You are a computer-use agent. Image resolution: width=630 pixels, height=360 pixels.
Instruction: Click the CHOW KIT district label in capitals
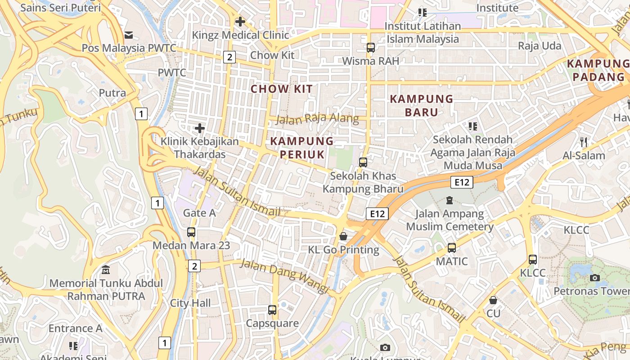pyautogui.click(x=281, y=89)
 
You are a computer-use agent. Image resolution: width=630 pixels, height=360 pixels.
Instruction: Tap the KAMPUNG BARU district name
pyautogui.click(x=422, y=105)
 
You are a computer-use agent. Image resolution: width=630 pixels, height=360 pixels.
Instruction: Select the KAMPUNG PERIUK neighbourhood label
pyautogui.click(x=302, y=148)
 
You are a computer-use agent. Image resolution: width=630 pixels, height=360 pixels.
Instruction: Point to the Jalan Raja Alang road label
pyautogui.click(x=317, y=119)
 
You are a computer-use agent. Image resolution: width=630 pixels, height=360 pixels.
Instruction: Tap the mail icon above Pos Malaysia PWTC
pyautogui.click(x=129, y=35)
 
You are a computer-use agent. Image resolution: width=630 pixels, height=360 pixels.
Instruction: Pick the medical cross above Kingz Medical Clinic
pyautogui.click(x=240, y=21)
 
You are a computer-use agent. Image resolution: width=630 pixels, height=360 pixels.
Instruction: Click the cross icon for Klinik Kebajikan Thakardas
pyautogui.click(x=200, y=129)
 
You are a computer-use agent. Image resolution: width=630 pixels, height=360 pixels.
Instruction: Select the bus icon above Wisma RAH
pyautogui.click(x=371, y=47)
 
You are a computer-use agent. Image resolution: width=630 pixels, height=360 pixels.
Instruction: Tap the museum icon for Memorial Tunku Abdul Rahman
pyautogui.click(x=106, y=270)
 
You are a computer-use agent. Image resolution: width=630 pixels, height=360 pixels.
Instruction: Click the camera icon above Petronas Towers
pyautogui.click(x=595, y=278)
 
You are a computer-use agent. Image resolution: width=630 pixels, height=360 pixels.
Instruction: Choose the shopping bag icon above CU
pyautogui.click(x=493, y=300)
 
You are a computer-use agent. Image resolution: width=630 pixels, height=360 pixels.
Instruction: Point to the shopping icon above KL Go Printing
pyautogui.click(x=343, y=236)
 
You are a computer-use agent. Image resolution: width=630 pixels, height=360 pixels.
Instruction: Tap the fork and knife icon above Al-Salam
pyautogui.click(x=584, y=142)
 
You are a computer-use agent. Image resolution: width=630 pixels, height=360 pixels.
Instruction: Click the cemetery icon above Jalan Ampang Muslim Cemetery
pyautogui.click(x=449, y=200)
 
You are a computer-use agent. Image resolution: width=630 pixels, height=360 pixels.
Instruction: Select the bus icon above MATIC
pyautogui.click(x=452, y=248)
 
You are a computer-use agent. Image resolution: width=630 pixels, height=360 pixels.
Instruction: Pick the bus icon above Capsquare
pyautogui.click(x=272, y=310)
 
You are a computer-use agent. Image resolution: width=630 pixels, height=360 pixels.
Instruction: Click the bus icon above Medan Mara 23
pyautogui.click(x=191, y=232)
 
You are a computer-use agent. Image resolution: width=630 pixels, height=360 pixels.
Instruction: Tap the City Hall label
pyautogui.click(x=190, y=303)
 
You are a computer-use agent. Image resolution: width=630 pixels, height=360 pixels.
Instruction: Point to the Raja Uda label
pyautogui.click(x=540, y=46)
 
